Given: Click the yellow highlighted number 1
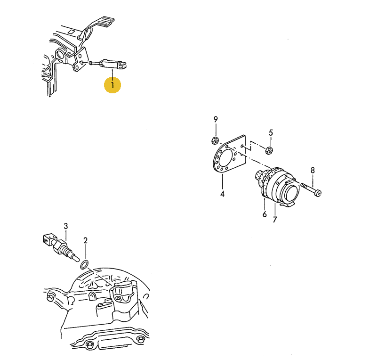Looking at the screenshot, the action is [x=113, y=85].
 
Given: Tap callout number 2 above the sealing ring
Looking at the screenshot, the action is [x=85, y=240].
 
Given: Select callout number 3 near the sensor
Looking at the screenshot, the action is [x=66, y=226].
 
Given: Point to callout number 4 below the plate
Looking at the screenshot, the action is [x=222, y=194].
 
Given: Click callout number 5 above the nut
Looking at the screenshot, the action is [x=271, y=133].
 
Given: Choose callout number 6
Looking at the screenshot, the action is [x=265, y=214].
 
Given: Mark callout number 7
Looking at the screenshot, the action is [x=274, y=220].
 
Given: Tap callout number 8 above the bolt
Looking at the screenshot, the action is [x=313, y=170].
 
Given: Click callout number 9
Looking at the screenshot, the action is [x=216, y=120].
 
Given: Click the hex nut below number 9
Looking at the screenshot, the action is [x=215, y=140].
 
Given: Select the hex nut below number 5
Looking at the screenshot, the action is [x=269, y=150].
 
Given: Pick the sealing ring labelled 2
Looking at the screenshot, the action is [x=85, y=265].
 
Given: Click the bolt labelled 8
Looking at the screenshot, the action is [x=311, y=189].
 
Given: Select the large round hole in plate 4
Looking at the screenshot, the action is [x=225, y=157].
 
